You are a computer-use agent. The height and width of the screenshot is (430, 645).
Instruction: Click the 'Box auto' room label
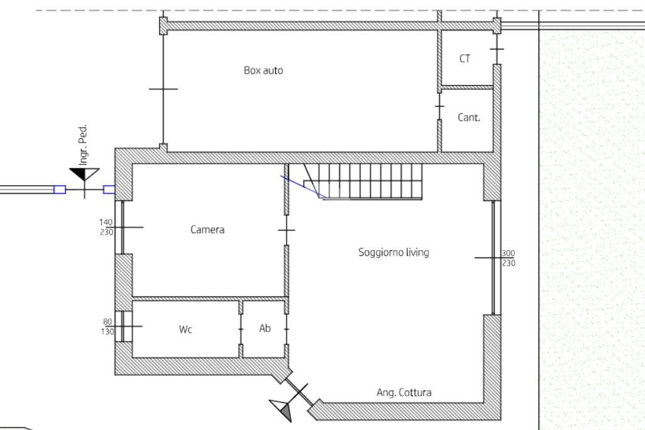[x=263, y=71]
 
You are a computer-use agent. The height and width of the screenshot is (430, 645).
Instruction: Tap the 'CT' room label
[x=465, y=59]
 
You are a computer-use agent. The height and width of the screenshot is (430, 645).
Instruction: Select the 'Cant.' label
[x=469, y=118]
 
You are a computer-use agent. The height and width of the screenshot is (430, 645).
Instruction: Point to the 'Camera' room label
[x=207, y=229]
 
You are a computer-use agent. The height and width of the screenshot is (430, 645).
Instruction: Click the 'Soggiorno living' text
[x=394, y=252]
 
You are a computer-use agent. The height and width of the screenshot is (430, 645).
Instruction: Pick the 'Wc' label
[x=186, y=329]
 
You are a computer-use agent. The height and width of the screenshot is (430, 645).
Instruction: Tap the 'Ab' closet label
[x=265, y=328]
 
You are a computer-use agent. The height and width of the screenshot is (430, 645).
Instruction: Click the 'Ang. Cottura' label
[x=404, y=393]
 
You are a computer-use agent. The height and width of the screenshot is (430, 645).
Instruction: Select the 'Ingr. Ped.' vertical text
[x=83, y=145]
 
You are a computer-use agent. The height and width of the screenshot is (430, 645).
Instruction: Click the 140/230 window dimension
[x=106, y=227]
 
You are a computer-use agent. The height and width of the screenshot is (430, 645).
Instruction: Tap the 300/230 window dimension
[x=508, y=257]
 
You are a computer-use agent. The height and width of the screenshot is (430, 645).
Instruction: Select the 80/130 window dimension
[x=107, y=326]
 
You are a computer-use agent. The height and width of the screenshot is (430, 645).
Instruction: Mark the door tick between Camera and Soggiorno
[x=287, y=230]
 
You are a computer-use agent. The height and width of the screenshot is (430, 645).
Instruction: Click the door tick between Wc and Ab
[x=241, y=329]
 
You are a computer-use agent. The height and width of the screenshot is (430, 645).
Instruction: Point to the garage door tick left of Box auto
[x=163, y=89]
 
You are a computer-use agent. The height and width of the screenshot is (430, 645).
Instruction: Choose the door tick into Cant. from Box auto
[x=439, y=106]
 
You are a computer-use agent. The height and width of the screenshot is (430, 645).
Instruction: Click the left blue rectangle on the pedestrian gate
[x=60, y=190]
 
